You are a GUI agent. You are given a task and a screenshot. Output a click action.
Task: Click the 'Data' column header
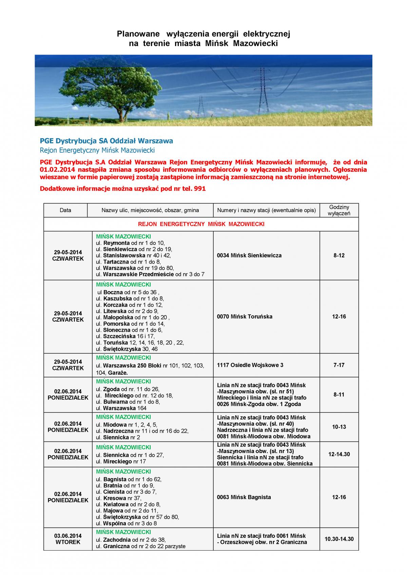tap(65, 210)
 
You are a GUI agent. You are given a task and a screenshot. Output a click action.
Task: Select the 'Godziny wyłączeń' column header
tap(339, 210)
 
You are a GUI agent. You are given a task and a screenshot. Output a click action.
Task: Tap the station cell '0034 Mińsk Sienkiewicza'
tap(249, 255)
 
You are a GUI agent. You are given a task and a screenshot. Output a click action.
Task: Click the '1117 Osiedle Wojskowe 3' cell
tap(250, 365)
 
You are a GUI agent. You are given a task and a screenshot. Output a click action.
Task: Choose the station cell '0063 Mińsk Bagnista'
tap(244, 497)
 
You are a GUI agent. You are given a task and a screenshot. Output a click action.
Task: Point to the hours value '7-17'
tap(339, 365)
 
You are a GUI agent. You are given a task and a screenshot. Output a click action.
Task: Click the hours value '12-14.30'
tap(339, 454)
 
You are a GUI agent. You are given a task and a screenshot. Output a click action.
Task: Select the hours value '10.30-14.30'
tap(339, 539)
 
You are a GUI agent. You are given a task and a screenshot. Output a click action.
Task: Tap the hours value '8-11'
tap(339, 395)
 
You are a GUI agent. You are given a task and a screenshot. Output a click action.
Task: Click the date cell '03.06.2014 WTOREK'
tap(68, 539)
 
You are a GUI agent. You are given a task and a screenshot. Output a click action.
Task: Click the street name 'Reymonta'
tap(116, 243)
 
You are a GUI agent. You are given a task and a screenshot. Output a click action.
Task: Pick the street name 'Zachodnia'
tap(117, 540)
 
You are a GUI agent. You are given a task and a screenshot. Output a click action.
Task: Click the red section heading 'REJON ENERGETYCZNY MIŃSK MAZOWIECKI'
tap(201, 224)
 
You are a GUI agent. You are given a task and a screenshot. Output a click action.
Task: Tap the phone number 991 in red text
tap(200, 189)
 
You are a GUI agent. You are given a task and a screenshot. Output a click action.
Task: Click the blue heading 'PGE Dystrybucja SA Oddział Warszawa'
tap(106, 141)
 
